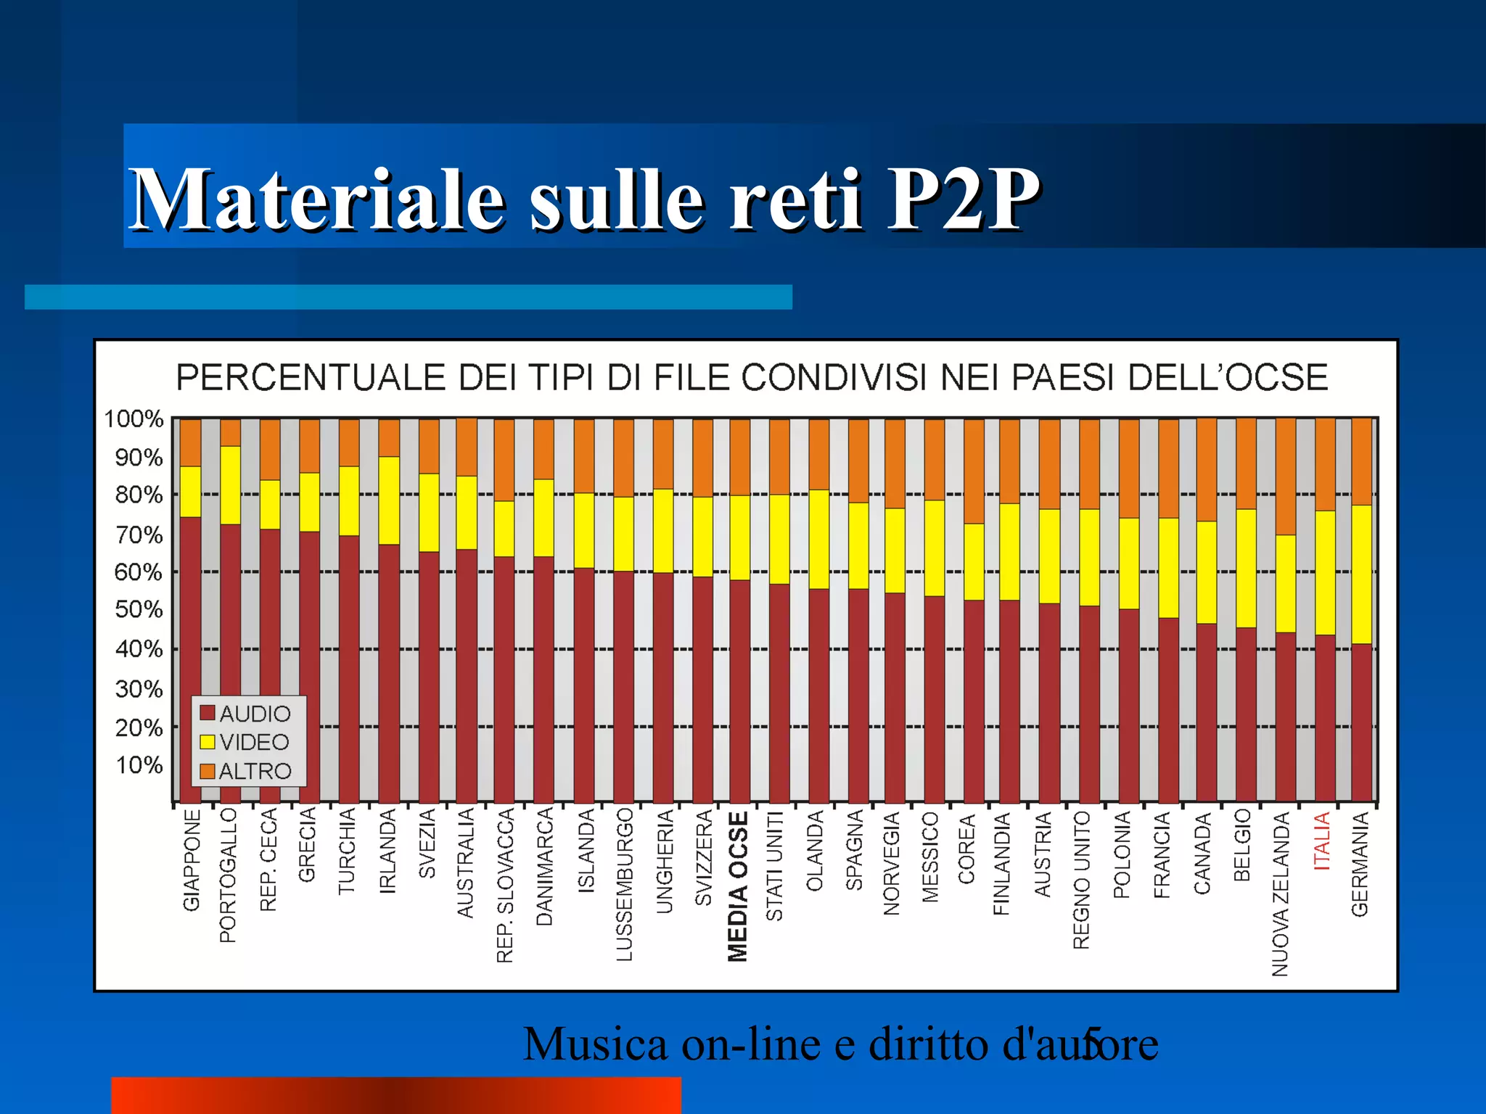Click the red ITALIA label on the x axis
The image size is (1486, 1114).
[1322, 841]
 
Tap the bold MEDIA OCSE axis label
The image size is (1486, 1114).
[738, 886]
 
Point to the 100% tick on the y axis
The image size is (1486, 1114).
[134, 419]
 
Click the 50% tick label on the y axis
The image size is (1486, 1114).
[139, 609]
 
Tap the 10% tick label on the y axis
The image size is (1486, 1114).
[139, 765]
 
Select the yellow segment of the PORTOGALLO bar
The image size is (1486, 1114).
[231, 484]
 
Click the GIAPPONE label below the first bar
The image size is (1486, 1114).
[191, 860]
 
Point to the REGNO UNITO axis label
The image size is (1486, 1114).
[1082, 880]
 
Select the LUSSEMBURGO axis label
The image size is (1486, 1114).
[624, 885]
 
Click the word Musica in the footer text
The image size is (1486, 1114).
[595, 1044]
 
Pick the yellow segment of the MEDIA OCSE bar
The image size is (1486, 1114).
[739, 537]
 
